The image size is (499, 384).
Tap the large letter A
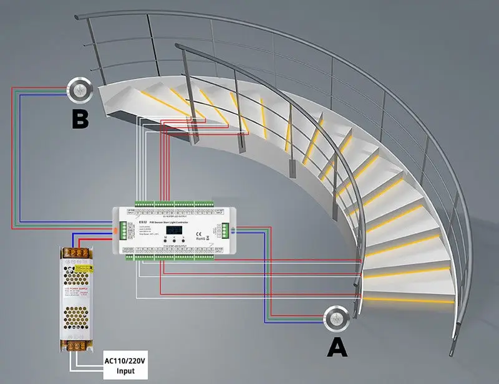click(x=337, y=346)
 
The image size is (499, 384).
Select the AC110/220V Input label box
click(x=125, y=365)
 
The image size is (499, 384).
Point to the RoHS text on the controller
click(x=201, y=238)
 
